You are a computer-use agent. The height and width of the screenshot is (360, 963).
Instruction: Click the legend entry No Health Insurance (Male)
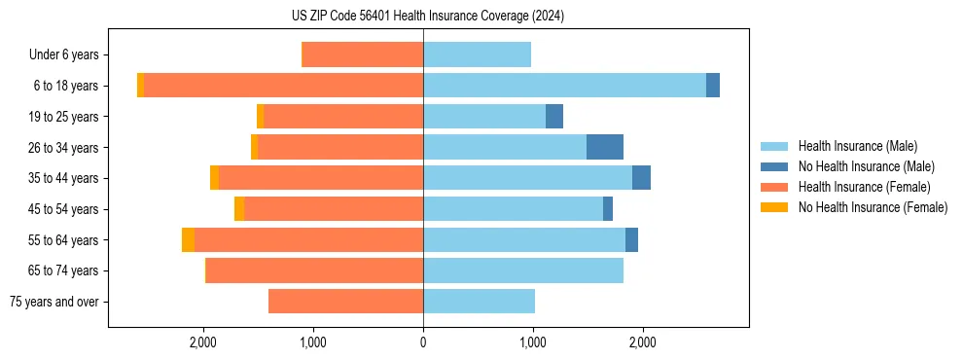point(866,166)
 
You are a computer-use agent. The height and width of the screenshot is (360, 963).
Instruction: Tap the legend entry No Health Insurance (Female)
point(873,207)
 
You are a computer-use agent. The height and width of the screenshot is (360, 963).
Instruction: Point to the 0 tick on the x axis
point(423,342)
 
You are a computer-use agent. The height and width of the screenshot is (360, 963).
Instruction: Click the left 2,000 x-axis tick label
point(203,342)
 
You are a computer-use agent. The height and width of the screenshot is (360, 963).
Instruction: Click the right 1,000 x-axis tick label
point(533,342)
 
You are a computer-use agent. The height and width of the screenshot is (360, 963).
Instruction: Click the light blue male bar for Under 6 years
point(477,55)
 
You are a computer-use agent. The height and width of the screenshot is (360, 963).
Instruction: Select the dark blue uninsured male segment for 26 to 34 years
point(605,147)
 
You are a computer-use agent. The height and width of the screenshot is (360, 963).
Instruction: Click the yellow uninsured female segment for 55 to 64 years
point(188,239)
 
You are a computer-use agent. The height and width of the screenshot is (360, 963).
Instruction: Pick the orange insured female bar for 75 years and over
point(345,302)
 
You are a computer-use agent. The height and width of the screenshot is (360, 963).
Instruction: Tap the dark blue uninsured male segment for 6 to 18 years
point(713,86)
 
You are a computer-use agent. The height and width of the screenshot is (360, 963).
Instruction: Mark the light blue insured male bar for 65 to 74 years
point(522,270)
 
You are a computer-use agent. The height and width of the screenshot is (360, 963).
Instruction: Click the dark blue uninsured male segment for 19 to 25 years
point(554,117)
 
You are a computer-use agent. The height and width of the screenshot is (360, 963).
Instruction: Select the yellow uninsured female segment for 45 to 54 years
point(239,209)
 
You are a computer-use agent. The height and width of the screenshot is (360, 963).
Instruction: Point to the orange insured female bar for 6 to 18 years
point(283,86)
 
